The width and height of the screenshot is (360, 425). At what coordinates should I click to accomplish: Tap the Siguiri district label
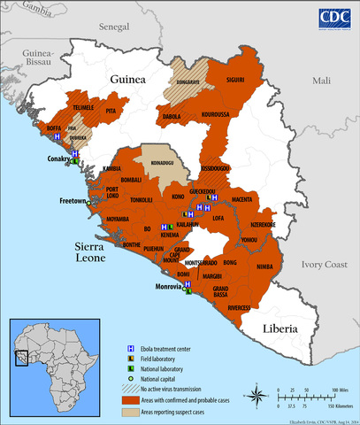[235, 80]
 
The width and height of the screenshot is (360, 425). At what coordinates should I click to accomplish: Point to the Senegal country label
[114, 28]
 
